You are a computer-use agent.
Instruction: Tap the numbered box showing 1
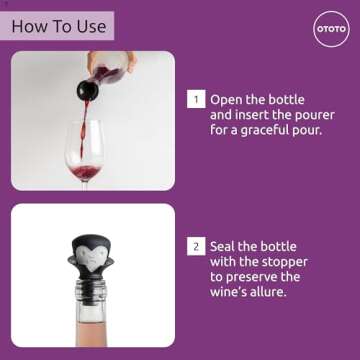click(197, 99)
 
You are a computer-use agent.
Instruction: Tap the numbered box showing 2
click(197, 246)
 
